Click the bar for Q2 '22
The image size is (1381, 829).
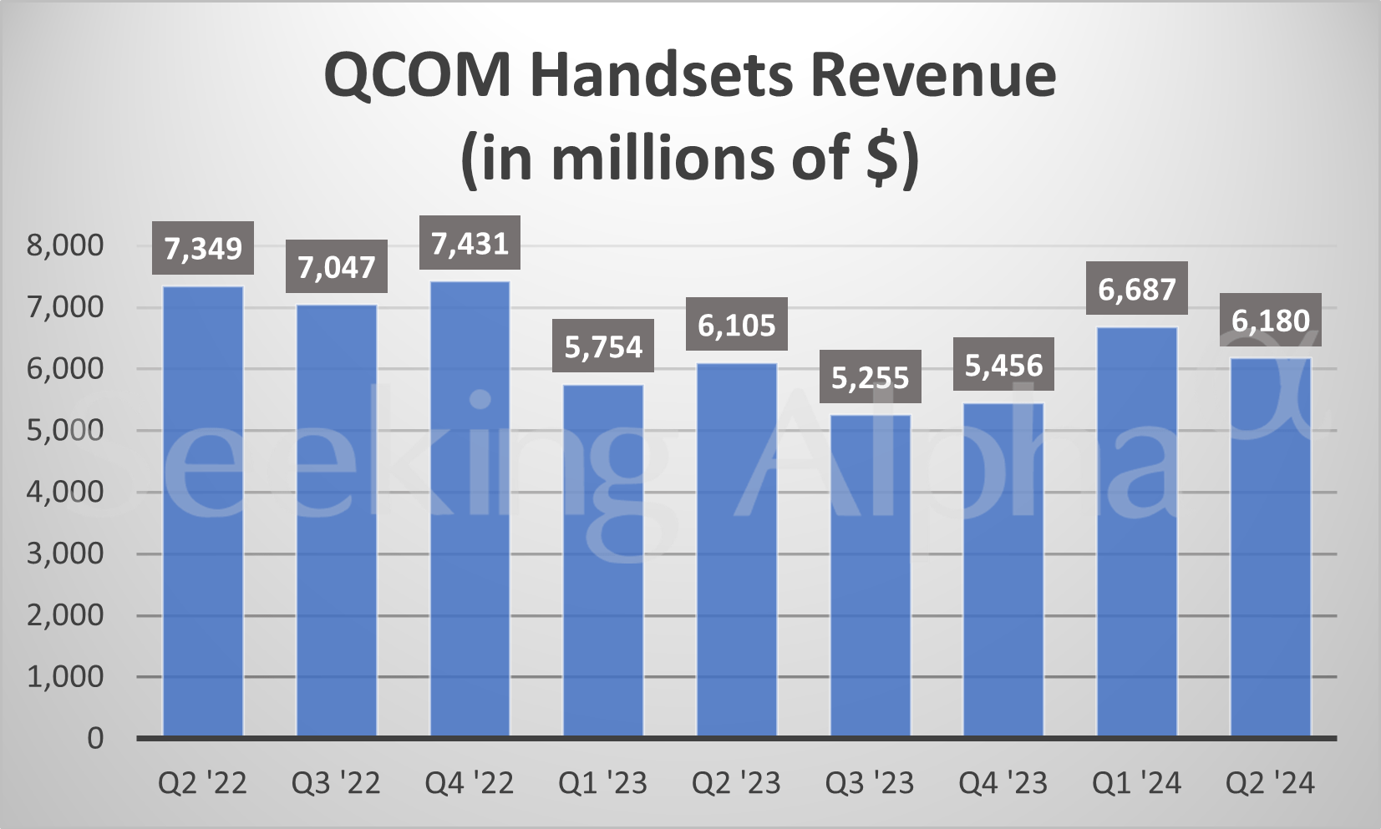click(x=203, y=511)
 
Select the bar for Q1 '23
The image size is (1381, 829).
click(x=603, y=560)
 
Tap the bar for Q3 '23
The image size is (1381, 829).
click(x=871, y=575)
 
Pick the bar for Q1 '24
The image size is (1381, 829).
click(x=1137, y=532)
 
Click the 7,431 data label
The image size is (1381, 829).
click(x=470, y=243)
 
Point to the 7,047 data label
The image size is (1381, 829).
click(x=337, y=266)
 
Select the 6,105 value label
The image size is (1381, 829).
click(x=737, y=324)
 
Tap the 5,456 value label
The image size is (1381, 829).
click(x=1003, y=365)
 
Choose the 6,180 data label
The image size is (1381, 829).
click(x=1271, y=320)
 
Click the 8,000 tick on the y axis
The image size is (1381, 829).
click(x=65, y=245)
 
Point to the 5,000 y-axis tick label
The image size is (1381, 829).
click(x=65, y=431)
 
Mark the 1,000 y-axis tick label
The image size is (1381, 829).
click(x=65, y=677)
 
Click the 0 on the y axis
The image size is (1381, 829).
click(x=95, y=738)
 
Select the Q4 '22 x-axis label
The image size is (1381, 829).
click(x=470, y=783)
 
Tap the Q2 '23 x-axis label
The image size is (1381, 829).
click(x=737, y=783)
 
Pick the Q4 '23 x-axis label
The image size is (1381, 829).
click(x=1003, y=783)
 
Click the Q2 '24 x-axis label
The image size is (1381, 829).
click(x=1271, y=783)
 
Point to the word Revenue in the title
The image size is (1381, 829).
click(x=933, y=75)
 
